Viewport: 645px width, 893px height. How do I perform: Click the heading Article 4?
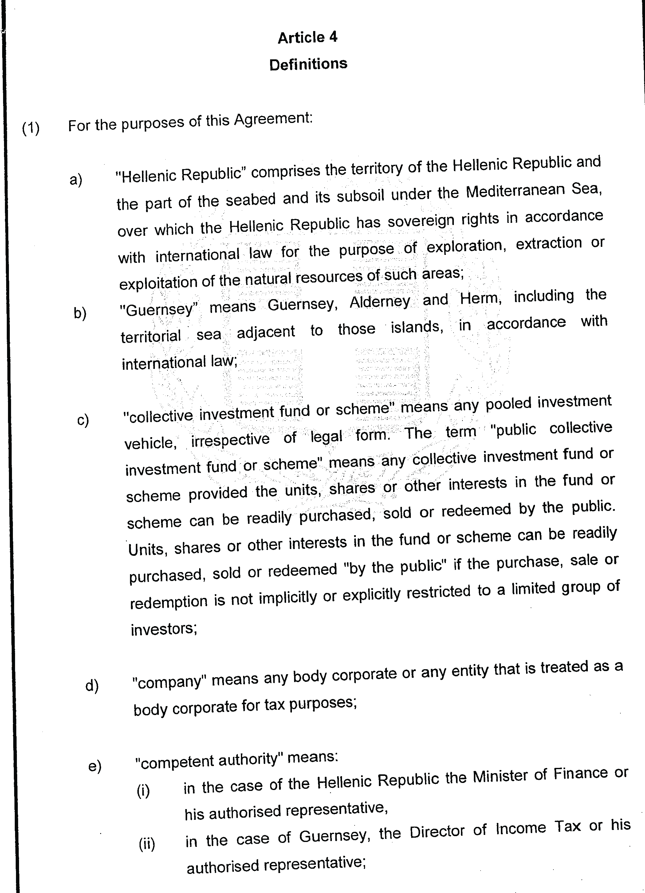(307, 38)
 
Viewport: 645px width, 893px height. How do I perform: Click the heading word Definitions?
(308, 64)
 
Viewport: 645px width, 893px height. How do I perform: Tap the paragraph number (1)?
(31, 128)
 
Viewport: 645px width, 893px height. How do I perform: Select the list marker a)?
(76, 180)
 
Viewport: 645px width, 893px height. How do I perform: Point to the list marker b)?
(80, 313)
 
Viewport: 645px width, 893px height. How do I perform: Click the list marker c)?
(83, 420)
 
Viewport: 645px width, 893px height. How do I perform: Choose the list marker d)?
(92, 686)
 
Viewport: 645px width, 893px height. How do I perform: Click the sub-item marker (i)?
(143, 791)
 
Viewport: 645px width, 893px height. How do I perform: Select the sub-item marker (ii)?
(147, 844)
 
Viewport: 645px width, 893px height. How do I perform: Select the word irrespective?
(230, 439)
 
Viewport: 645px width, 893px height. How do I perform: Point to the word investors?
(164, 629)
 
